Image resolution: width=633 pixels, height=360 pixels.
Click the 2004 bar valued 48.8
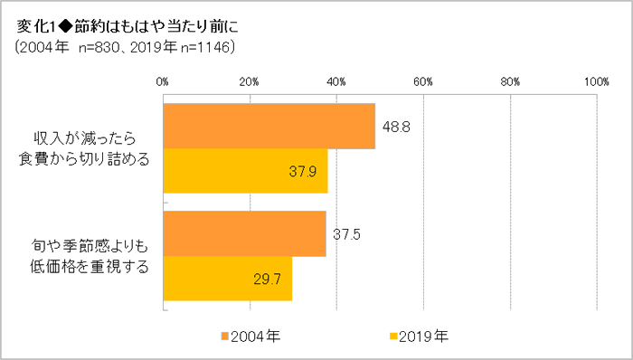[x=269, y=126]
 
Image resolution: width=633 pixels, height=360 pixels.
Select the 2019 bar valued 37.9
[x=245, y=172]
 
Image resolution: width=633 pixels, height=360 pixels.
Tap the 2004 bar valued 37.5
[x=244, y=234]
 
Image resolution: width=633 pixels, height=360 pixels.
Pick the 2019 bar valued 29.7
[x=227, y=279]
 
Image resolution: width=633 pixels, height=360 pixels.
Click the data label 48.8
[x=396, y=127]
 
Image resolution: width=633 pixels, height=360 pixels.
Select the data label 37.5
[x=347, y=234]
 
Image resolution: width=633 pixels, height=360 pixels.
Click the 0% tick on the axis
[x=163, y=82]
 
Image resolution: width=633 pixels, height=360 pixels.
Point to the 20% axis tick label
[x=250, y=82]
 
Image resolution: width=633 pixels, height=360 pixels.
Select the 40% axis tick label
[x=336, y=82]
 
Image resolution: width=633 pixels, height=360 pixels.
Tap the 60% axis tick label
[x=423, y=82]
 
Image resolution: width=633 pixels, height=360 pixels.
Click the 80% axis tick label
[x=510, y=82]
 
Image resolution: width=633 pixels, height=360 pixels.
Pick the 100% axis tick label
[x=595, y=82]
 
